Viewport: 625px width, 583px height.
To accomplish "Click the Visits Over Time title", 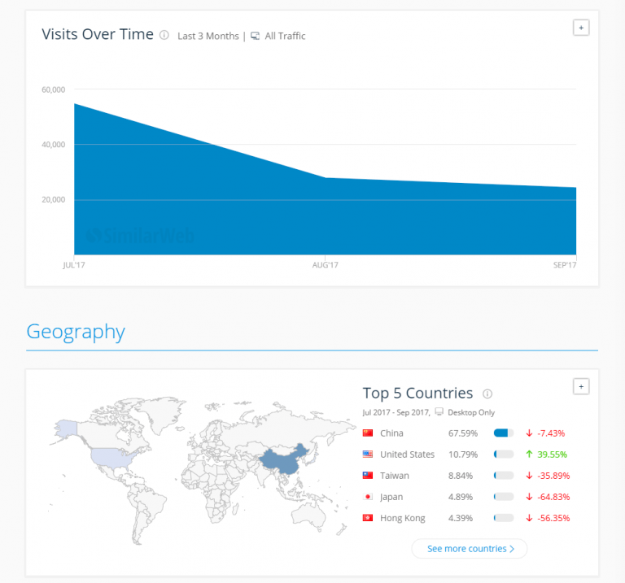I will tap(98, 34).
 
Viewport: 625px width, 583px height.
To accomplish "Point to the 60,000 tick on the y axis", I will tap(53, 89).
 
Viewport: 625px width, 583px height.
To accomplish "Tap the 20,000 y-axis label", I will tap(53, 200).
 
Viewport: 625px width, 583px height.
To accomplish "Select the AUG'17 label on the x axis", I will tap(325, 266).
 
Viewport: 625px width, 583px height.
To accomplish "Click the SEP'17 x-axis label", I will tap(564, 266).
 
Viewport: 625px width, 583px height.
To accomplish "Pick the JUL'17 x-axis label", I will tap(74, 266).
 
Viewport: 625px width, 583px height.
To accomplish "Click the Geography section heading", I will tap(76, 332).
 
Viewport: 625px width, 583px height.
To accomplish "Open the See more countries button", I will tap(470, 549).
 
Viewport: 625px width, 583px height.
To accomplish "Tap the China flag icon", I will tap(368, 433).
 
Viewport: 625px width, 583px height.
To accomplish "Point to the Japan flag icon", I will tap(368, 497).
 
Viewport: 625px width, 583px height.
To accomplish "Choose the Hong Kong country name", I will tap(402, 518).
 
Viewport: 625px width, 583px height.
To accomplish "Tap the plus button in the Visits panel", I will tap(581, 28).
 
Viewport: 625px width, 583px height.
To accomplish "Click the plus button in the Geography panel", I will tap(581, 386).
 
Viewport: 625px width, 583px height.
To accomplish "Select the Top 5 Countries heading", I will tap(417, 394).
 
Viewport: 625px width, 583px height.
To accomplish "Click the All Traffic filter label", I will tap(285, 36).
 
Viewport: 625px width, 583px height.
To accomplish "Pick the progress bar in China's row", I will tap(504, 433).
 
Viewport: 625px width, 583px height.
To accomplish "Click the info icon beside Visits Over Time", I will tap(164, 35).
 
